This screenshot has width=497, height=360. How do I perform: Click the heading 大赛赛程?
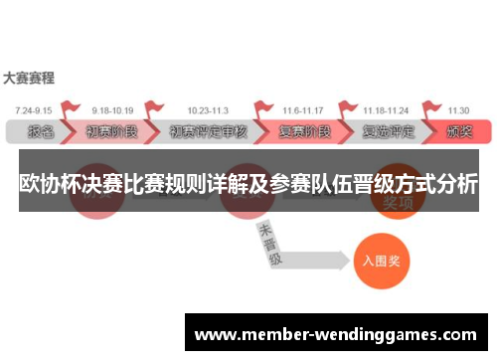(29, 77)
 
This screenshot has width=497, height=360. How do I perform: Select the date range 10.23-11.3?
(206, 110)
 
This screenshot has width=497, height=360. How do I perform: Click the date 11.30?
(458, 110)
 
